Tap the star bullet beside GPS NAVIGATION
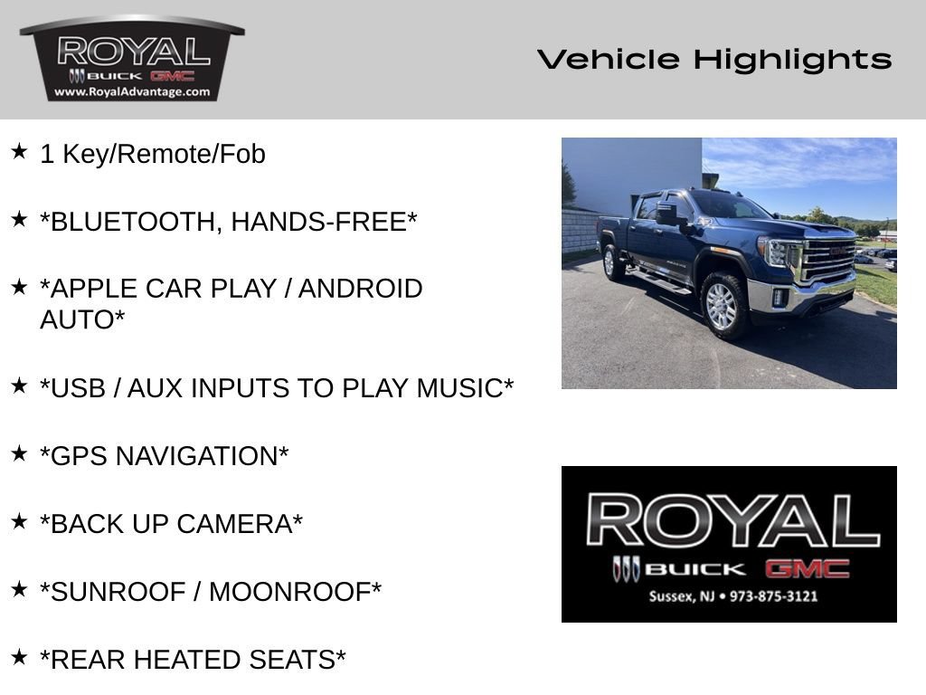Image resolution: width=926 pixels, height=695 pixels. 19,453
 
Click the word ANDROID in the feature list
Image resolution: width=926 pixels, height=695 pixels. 360,289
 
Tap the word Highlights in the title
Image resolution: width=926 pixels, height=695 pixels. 792,60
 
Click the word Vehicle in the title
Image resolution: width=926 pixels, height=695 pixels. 609,59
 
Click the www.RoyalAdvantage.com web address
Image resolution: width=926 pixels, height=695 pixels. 132,91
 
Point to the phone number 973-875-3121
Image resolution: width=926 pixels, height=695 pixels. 774,596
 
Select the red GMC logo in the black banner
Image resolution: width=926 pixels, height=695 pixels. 808,569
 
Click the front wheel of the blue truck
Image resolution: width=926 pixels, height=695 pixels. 724,304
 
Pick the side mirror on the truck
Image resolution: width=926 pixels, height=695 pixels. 668,214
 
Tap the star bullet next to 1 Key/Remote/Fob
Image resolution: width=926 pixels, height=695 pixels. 19,151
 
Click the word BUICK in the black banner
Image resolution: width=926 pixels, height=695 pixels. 694,569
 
